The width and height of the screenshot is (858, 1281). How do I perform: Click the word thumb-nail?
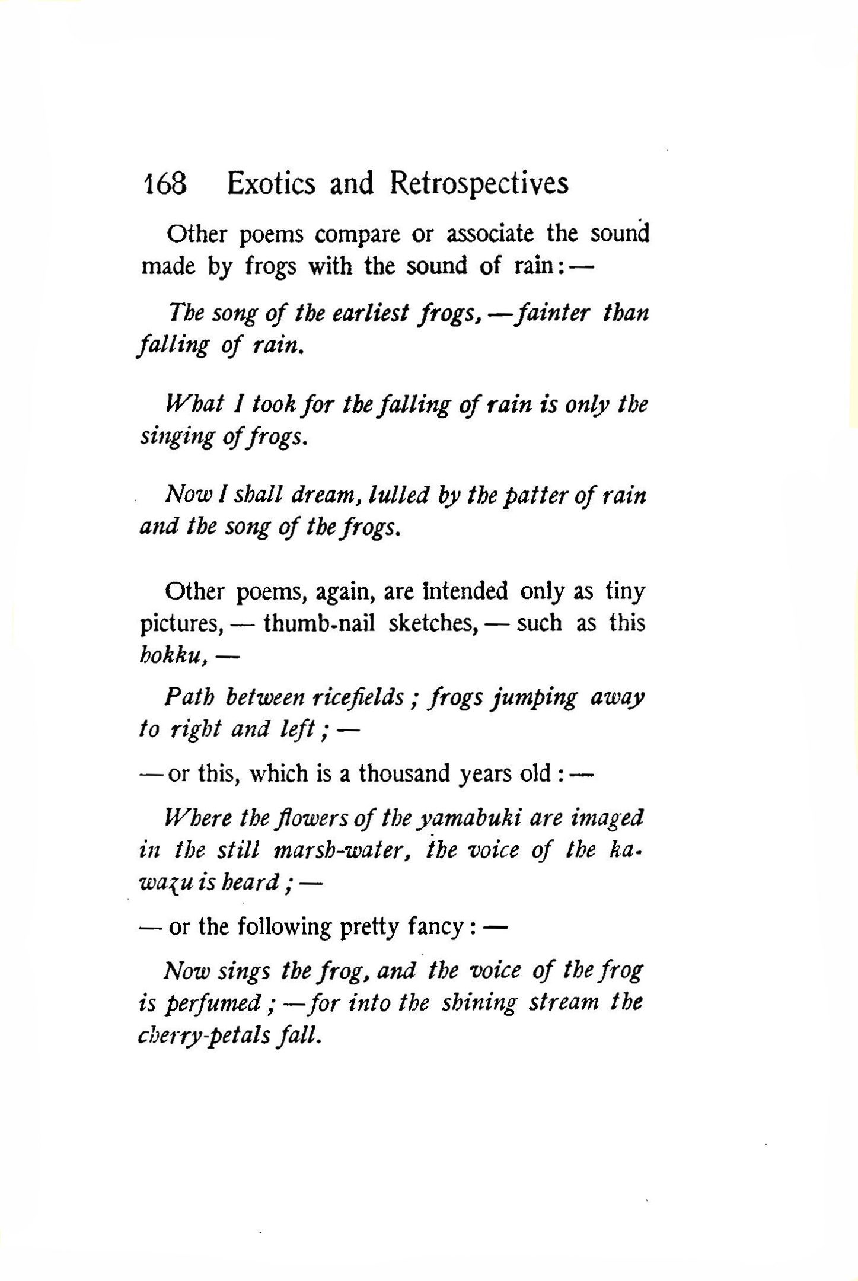click(319, 623)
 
